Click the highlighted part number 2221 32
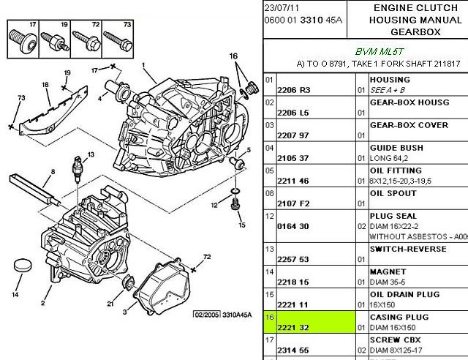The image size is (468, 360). coord(293,327)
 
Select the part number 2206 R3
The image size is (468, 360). coord(294,90)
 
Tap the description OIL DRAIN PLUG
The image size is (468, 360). coord(404,294)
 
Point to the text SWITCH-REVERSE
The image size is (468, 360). coord(408,249)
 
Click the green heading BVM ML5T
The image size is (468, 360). coord(379,52)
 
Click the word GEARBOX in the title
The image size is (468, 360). coord(415,31)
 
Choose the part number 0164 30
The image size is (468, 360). coord(293,226)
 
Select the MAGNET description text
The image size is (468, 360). coord(388,271)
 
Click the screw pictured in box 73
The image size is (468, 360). coord(118,42)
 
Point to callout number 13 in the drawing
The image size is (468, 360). coord(91,154)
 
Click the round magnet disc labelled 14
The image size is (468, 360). coord(23,266)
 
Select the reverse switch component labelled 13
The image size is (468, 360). coord(78,169)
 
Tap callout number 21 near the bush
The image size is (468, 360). coord(110,304)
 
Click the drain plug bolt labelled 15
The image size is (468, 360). coord(234,203)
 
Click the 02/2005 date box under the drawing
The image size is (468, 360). coord(207,315)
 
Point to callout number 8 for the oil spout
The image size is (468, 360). coord(53,171)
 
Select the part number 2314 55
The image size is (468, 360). coord(293,350)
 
